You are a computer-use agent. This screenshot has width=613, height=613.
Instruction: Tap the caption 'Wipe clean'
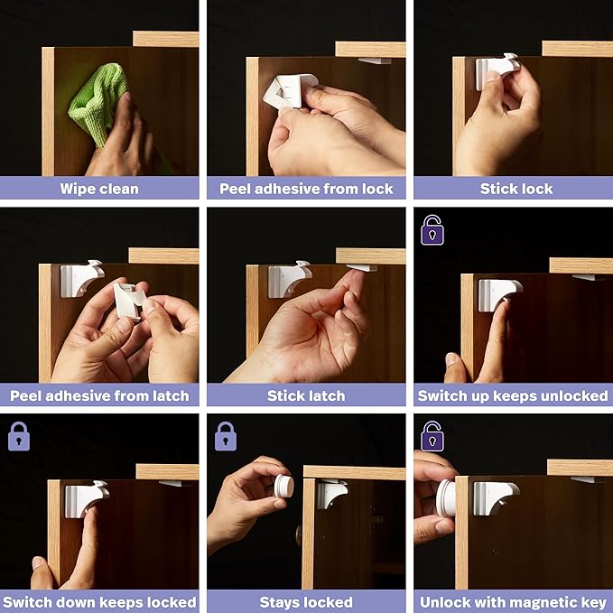(99, 189)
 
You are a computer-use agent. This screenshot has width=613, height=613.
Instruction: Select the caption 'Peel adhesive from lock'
(306, 189)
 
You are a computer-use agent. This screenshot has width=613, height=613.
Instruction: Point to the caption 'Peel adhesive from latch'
(99, 395)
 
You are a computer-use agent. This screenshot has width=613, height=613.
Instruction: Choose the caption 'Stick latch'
(306, 395)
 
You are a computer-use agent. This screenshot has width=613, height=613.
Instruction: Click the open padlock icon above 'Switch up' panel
(432, 229)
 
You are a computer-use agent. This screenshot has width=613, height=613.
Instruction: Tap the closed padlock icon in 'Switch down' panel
(19, 436)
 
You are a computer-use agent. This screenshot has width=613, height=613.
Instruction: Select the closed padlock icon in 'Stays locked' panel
(226, 436)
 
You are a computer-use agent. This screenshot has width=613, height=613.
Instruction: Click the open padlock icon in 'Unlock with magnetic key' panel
(432, 436)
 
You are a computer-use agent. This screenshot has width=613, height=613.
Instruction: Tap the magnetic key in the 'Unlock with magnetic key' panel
(445, 498)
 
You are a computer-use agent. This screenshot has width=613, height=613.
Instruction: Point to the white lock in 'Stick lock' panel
(497, 70)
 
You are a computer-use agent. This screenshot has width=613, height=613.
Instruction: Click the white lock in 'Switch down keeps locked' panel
(86, 497)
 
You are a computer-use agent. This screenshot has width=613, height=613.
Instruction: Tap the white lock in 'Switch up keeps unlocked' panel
(498, 292)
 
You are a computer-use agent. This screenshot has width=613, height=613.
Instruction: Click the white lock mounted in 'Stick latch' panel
(289, 277)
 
